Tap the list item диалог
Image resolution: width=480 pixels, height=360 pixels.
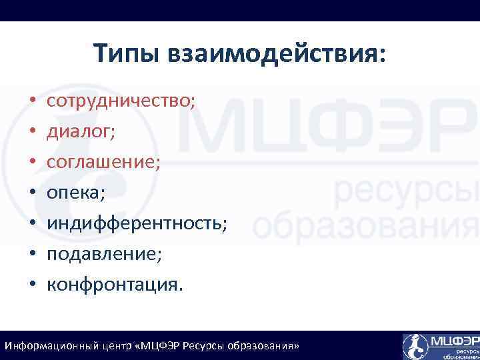click(81, 131)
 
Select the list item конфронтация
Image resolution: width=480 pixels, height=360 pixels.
click(113, 285)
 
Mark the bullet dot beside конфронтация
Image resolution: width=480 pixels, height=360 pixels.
click(32, 286)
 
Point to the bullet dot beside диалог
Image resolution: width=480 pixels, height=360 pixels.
click(32, 133)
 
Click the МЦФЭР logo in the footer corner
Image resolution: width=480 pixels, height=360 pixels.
click(441, 346)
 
